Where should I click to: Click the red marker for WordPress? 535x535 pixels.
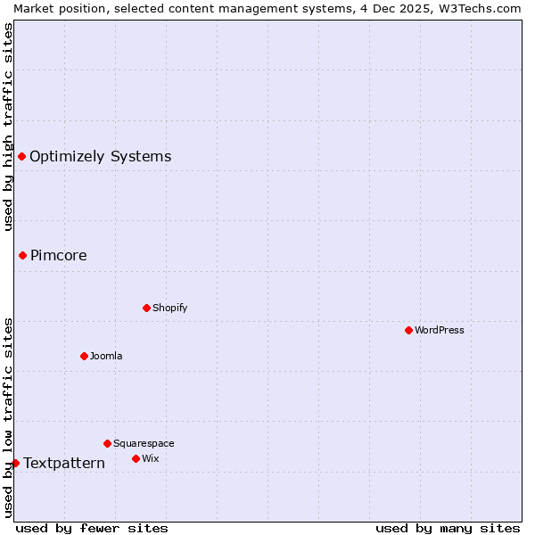pyautogui.click(x=408, y=330)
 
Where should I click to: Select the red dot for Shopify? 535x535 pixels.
pyautogui.click(x=146, y=308)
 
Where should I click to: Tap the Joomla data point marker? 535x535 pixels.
pyautogui.click(x=84, y=356)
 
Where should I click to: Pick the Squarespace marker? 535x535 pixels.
pyautogui.click(x=107, y=443)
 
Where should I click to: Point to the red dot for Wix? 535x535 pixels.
pyautogui.click(x=136, y=458)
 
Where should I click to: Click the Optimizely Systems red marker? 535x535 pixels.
pyautogui.click(x=21, y=157)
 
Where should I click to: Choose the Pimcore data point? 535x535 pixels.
pyautogui.click(x=22, y=255)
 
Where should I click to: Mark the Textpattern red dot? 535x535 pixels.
pyautogui.click(x=15, y=463)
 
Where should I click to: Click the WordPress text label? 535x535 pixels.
pyautogui.click(x=440, y=330)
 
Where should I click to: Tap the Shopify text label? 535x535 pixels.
pyautogui.click(x=170, y=308)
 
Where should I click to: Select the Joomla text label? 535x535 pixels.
pyautogui.click(x=106, y=356)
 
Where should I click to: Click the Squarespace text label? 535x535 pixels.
pyautogui.click(x=144, y=443)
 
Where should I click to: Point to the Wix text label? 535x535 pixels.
pyautogui.click(x=151, y=458)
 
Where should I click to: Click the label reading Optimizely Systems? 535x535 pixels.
pyautogui.click(x=100, y=157)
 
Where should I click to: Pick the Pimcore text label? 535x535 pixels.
pyautogui.click(x=59, y=255)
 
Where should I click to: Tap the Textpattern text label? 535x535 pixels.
pyautogui.click(x=64, y=463)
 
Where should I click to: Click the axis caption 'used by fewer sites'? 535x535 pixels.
pyautogui.click(x=92, y=528)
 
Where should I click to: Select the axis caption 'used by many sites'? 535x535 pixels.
pyautogui.click(x=448, y=528)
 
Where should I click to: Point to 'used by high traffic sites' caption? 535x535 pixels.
pyautogui.click(x=8, y=127)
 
